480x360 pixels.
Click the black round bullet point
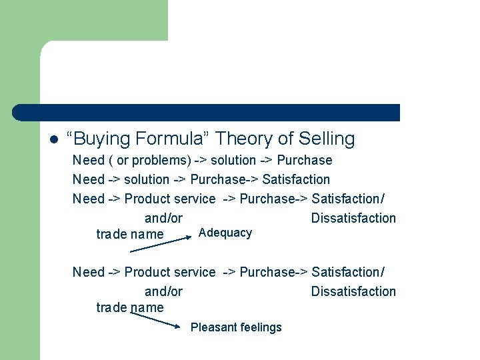(54, 140)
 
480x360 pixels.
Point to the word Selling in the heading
(327, 139)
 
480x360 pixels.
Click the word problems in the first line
(161, 161)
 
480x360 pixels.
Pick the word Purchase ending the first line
(304, 160)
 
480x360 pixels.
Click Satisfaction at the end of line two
(296, 179)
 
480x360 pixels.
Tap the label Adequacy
(225, 233)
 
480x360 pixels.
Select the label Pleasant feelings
(236, 327)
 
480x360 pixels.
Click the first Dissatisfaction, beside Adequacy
(353, 218)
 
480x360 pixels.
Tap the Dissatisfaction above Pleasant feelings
(353, 291)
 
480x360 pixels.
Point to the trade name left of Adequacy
(130, 234)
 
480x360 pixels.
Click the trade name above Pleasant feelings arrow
(130, 307)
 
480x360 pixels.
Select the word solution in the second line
(147, 179)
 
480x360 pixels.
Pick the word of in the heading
(286, 139)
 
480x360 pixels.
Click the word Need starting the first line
(89, 160)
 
